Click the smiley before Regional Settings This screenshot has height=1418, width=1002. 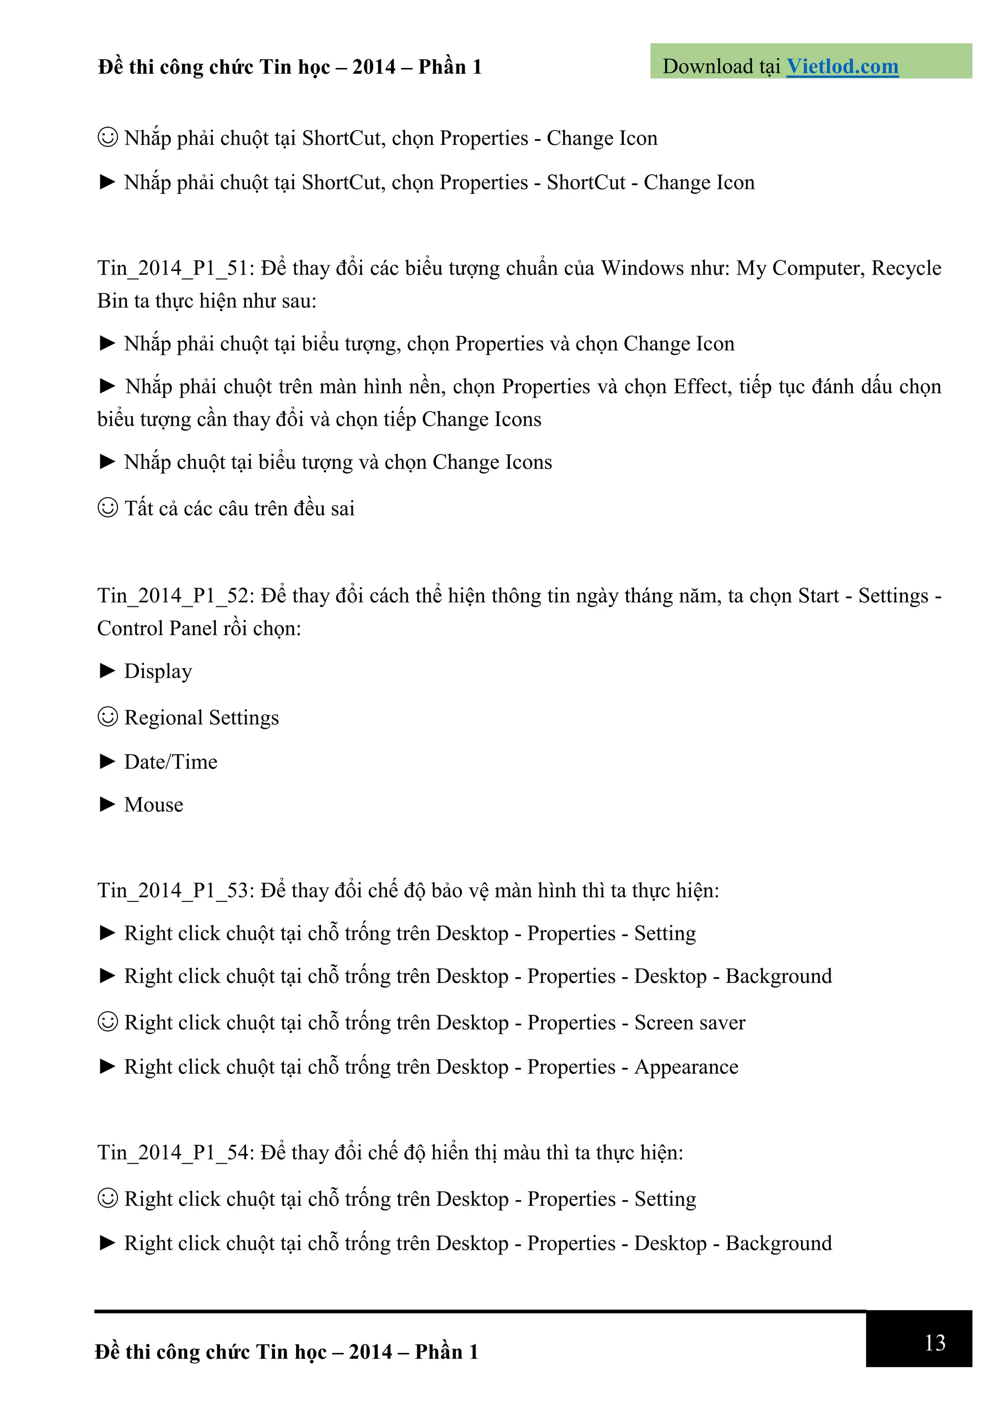[x=108, y=717]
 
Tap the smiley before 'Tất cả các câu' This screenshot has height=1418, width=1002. [x=108, y=508]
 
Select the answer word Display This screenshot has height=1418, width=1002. [x=158, y=671]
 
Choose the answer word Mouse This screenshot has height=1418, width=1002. [x=154, y=805]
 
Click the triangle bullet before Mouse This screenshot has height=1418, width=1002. [x=108, y=804]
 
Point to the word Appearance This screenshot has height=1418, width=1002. [x=686, y=1067]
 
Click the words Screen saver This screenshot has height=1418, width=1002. [x=689, y=1023]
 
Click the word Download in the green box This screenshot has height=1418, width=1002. [x=707, y=67]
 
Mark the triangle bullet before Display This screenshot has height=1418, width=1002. [x=108, y=671]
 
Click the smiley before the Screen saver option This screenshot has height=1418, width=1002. [x=108, y=1022]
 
